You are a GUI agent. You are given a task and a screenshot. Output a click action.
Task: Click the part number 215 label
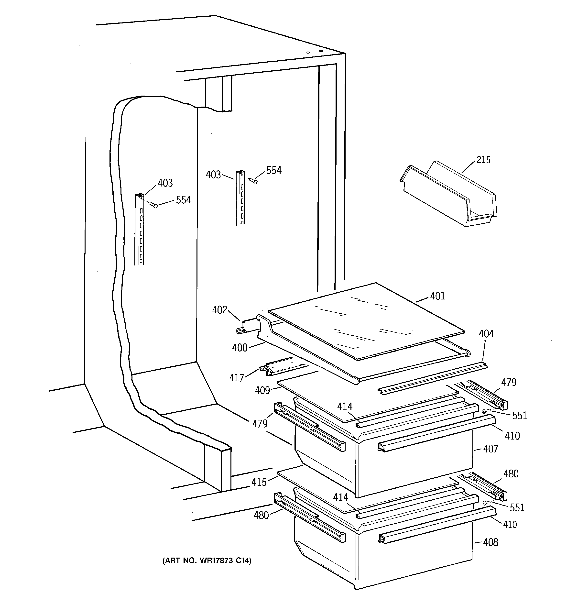pyautogui.click(x=483, y=160)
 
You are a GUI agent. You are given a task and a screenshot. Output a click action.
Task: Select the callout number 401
pyautogui.click(x=437, y=296)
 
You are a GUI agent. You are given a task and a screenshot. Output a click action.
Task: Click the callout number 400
pyautogui.click(x=240, y=348)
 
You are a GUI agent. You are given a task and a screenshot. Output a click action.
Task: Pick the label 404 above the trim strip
pyautogui.click(x=486, y=334)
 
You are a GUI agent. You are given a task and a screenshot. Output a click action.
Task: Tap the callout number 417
pyautogui.click(x=237, y=378)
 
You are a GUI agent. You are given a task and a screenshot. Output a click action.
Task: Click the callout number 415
pyautogui.click(x=259, y=482)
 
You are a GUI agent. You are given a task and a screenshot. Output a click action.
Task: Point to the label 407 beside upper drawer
pyautogui.click(x=490, y=449)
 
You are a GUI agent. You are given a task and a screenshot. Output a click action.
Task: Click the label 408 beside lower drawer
pyautogui.click(x=491, y=542)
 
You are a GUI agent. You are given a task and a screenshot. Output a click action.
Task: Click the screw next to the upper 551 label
pyautogui.click(x=486, y=411)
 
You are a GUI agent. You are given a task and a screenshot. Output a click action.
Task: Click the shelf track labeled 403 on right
pyautogui.click(x=240, y=198)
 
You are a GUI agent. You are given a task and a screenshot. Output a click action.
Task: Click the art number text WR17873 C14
pyautogui.click(x=207, y=561)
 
